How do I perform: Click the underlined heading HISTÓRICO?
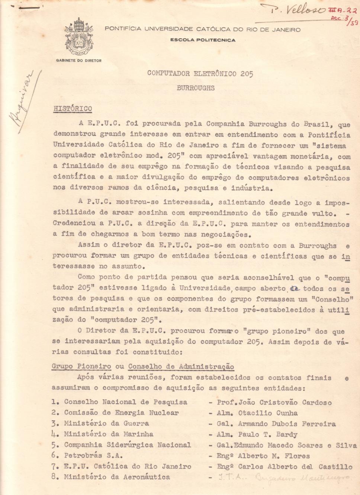tap(73, 109)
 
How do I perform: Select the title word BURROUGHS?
tap(196, 88)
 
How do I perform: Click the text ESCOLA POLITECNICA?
tap(203, 40)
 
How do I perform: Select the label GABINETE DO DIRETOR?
tap(78, 60)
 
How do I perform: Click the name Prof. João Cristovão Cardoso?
tap(274, 402)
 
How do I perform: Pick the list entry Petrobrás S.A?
tap(93, 455)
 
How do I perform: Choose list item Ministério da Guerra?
tap(106, 423)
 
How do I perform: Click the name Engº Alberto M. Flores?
tap(263, 456)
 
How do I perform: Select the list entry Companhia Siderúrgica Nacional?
tap(127, 444)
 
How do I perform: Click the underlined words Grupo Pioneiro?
tap(81, 366)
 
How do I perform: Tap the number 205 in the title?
tap(246, 74)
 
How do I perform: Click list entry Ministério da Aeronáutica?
tap(116, 477)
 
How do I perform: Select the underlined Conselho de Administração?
tap(181, 366)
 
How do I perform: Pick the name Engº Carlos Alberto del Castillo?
tap(285, 466)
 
